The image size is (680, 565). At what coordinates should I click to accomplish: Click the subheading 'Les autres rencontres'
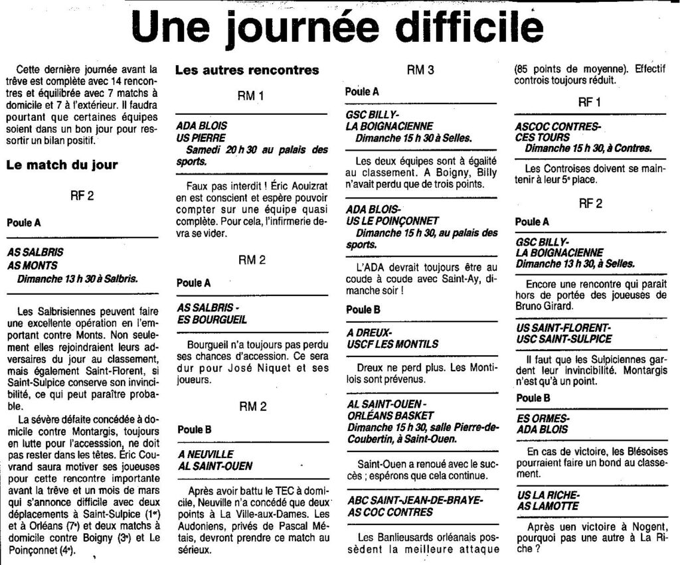pyautogui.click(x=247, y=70)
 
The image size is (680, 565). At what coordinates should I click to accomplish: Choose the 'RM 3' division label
pyautogui.click(x=420, y=70)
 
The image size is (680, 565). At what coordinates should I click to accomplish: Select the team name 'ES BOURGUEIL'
pyautogui.click(x=211, y=319)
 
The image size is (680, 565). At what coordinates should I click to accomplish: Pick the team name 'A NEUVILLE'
pyautogui.click(x=205, y=453)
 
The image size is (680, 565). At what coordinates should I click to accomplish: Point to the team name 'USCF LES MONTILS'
pyautogui.click(x=392, y=344)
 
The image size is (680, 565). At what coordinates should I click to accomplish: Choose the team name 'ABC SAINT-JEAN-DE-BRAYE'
pyautogui.click(x=415, y=499)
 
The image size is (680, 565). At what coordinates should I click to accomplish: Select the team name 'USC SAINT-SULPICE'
pyautogui.click(x=564, y=339)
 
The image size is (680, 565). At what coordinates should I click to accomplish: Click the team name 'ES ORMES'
pyautogui.click(x=542, y=418)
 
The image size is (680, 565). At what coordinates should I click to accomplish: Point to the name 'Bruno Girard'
pyautogui.click(x=547, y=307)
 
